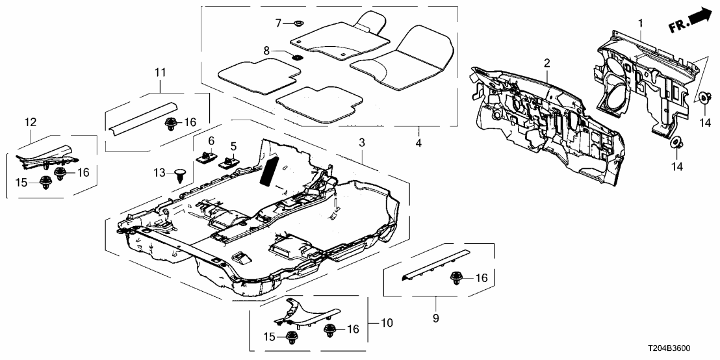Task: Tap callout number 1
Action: (641, 24)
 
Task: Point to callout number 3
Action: (363, 142)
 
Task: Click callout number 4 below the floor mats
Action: (418, 141)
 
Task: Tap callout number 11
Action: (160, 73)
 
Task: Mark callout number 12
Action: (30, 122)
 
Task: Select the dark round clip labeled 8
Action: (296, 57)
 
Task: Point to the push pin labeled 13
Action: (181, 172)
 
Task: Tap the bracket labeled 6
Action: (207, 157)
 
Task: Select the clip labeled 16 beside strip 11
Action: (172, 122)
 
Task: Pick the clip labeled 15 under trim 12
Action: (47, 183)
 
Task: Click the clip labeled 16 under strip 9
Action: (456, 279)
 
